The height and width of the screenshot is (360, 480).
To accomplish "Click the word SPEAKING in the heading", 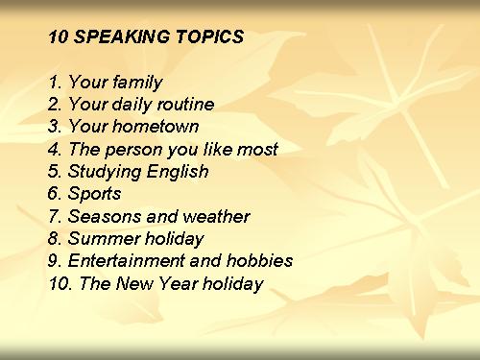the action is pyautogui.click(x=121, y=36).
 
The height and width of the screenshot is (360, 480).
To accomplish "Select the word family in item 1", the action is pyautogui.click(x=137, y=83).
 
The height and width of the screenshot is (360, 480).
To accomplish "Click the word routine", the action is pyautogui.click(x=185, y=105).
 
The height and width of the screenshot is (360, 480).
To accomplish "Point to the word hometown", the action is pyautogui.click(x=156, y=126).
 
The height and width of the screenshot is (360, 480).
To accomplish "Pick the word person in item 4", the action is pyautogui.click(x=133, y=151).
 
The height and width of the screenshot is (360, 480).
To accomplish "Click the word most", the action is pyautogui.click(x=257, y=150).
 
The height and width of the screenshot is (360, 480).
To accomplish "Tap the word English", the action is pyautogui.click(x=178, y=172).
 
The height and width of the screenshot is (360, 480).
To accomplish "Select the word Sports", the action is pyautogui.click(x=94, y=194).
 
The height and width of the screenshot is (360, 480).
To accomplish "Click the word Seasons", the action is pyautogui.click(x=105, y=216).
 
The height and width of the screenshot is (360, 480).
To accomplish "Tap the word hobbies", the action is pyautogui.click(x=259, y=260).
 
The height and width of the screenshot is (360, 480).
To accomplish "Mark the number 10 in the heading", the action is pyautogui.click(x=58, y=36).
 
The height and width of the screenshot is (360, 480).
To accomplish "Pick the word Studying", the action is pyautogui.click(x=104, y=172).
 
